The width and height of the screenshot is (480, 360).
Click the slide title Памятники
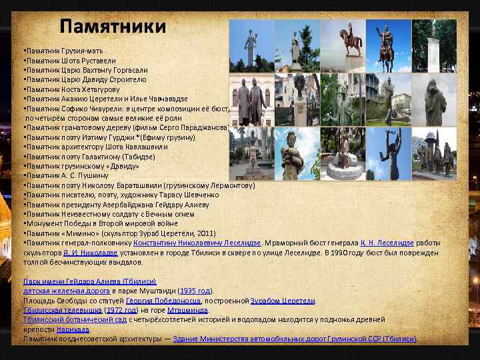point(112,27)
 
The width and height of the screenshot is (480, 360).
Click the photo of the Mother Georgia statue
point(251,45)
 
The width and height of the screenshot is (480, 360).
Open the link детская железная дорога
point(67,291)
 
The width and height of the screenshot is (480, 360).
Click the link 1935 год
point(195,291)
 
